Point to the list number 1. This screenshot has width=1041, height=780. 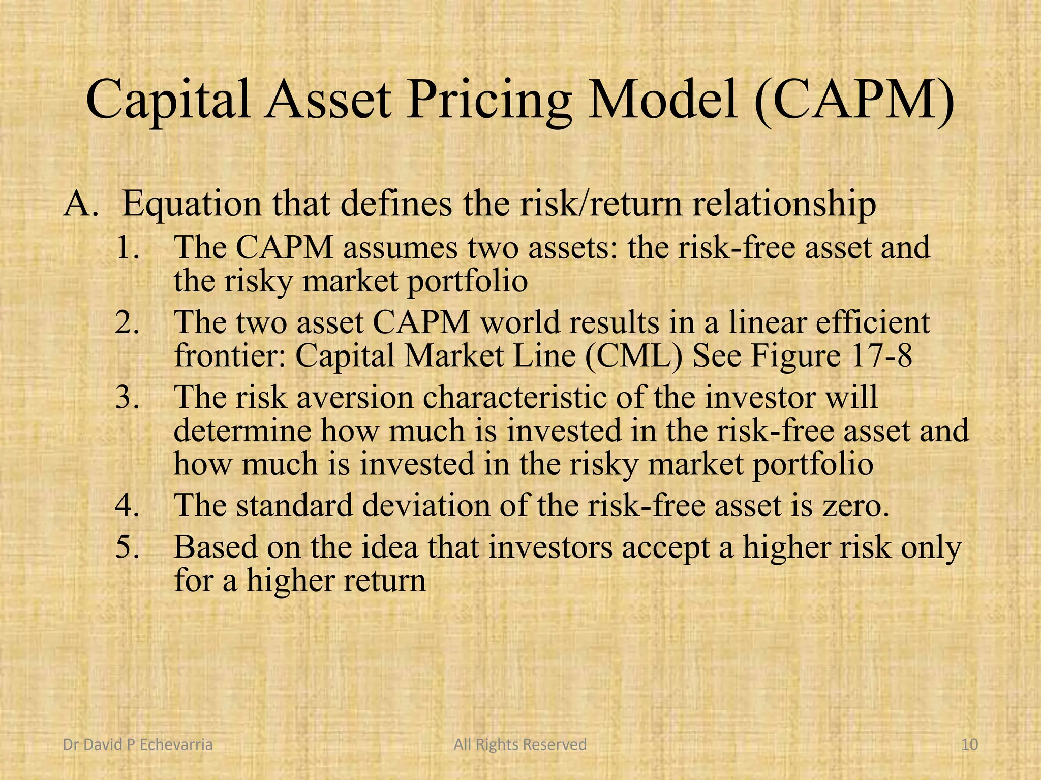(127, 248)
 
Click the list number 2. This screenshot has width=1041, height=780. (127, 322)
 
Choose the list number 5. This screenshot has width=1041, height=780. (127, 547)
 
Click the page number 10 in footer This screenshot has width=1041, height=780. (970, 745)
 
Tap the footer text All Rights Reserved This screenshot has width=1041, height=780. (520, 745)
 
